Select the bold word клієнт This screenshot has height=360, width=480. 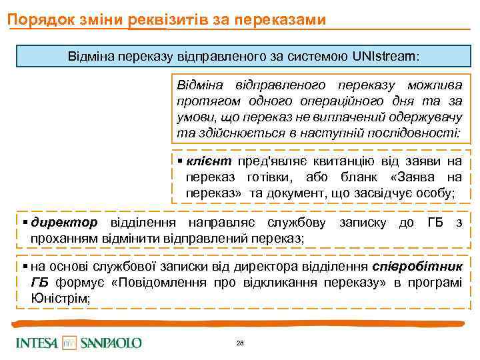click(209, 161)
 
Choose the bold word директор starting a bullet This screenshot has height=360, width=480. click(64, 222)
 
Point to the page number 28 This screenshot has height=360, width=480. click(240, 343)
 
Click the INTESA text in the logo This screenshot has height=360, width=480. click(38, 343)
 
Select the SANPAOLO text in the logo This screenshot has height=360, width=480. click(111, 343)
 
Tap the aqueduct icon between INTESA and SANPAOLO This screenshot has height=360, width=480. click(69, 343)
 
